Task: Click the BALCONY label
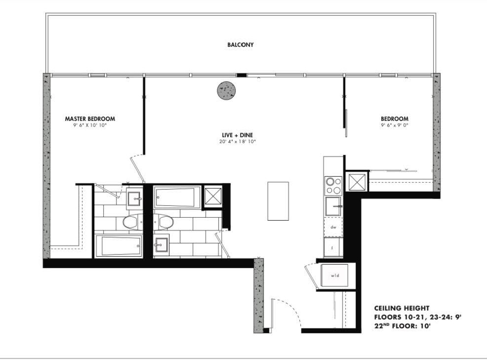tap(241, 45)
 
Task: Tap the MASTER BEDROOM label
tap(90, 119)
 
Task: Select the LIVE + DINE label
tap(237, 135)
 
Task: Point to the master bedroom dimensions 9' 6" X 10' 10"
tap(90, 125)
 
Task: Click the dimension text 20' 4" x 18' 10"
tap(237, 142)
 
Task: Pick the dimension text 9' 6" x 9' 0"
tap(395, 125)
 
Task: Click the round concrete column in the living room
tap(226, 91)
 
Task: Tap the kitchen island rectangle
tap(278, 201)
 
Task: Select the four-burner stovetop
tap(333, 186)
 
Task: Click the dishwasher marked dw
tap(333, 227)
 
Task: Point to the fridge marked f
tap(333, 247)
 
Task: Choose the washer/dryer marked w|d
tap(334, 276)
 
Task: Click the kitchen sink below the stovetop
tap(333, 206)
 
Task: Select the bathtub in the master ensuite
tap(119, 246)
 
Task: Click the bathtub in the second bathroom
tap(177, 197)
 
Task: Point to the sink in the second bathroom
tap(161, 245)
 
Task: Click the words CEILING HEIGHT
tap(402, 309)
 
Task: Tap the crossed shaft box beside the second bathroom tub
tap(213, 197)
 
